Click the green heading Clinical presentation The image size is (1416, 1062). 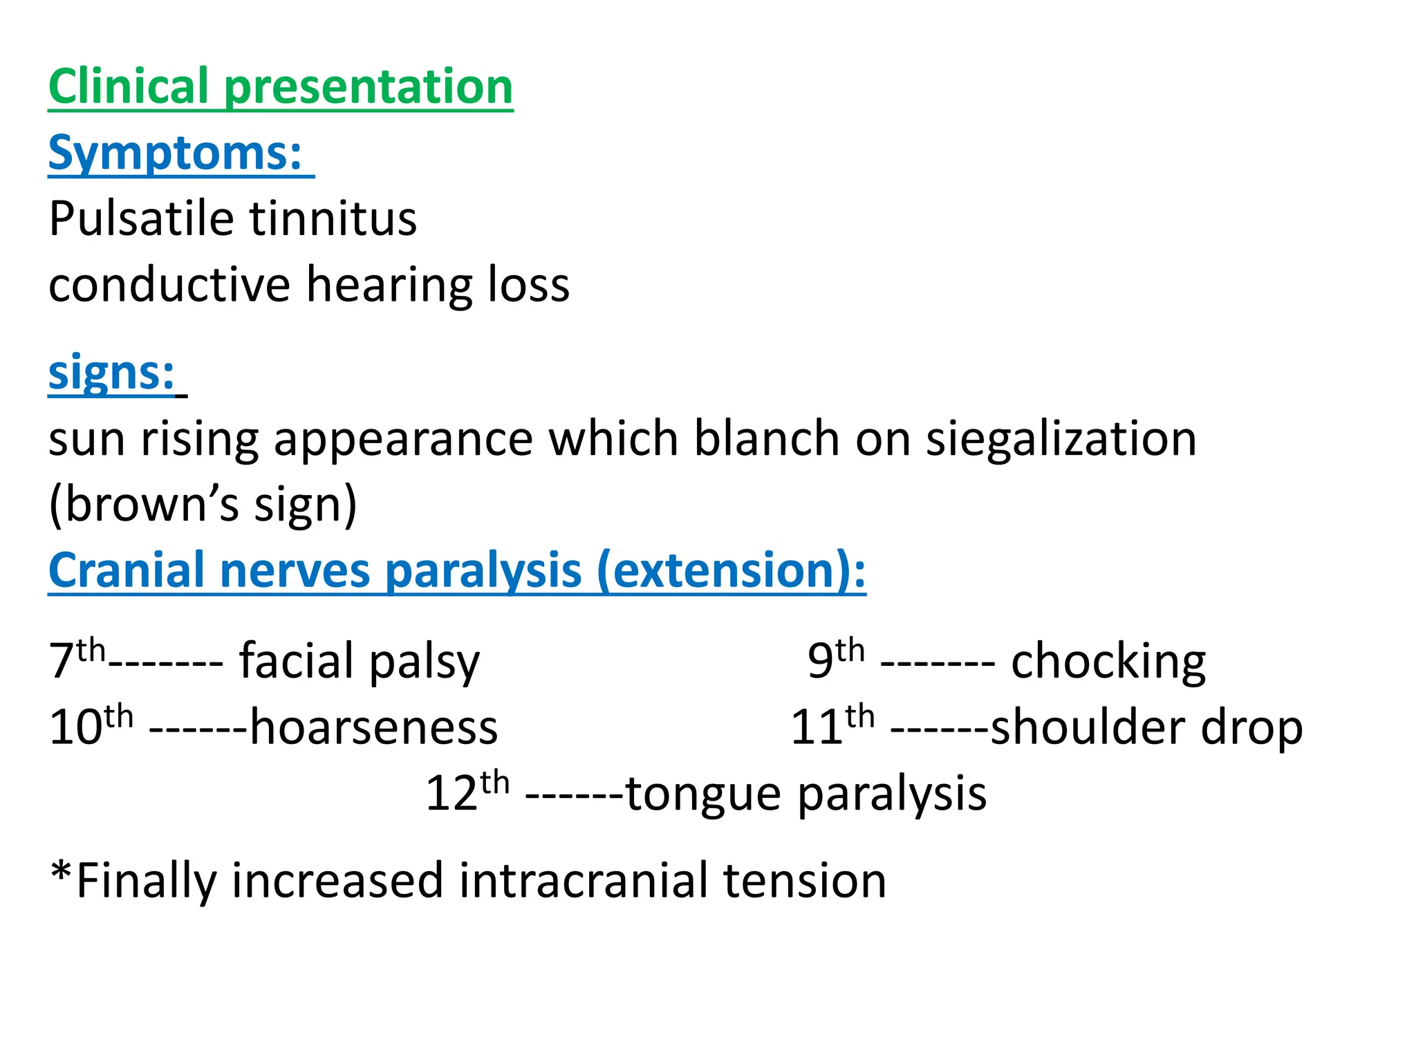tap(280, 87)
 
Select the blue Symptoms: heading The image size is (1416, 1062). tap(176, 153)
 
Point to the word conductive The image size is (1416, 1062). tap(169, 285)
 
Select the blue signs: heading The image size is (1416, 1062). tap(111, 373)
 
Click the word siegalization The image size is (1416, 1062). tap(1061, 439)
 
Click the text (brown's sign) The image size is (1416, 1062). tap(203, 505)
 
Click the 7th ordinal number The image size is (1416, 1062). tap(76, 660)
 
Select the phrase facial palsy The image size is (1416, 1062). tap(359, 662)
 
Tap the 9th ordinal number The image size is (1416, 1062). tap(835, 660)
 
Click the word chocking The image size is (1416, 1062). tap(1108, 662)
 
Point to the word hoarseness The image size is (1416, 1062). tap(373, 727)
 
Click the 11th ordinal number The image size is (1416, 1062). tap(832, 726)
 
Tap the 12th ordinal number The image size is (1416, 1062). tap(467, 792)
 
